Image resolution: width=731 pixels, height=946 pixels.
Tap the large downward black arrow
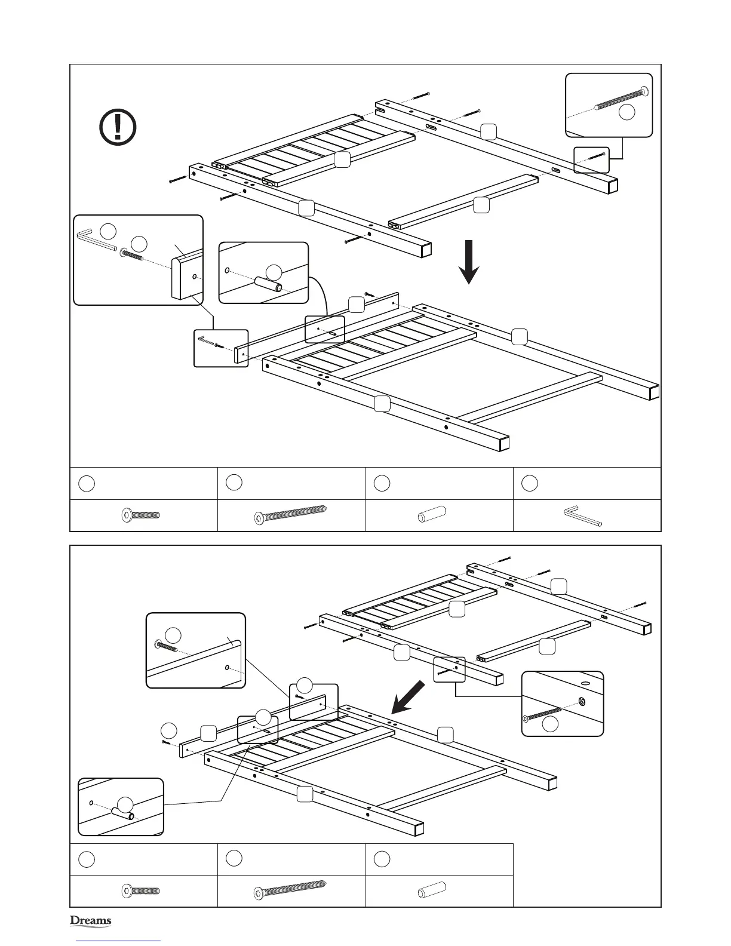[x=470, y=262]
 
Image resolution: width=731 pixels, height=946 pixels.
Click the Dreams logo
[x=91, y=920]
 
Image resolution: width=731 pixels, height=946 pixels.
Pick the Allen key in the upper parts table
[x=582, y=516]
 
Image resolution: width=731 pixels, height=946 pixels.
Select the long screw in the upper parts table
[x=292, y=515]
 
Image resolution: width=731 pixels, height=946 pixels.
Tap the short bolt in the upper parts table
[x=140, y=515]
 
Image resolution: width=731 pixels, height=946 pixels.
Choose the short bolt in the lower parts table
[x=140, y=891]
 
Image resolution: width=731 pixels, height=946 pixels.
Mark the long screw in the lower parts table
[x=292, y=891]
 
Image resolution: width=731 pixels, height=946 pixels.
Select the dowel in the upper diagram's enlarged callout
[x=268, y=284]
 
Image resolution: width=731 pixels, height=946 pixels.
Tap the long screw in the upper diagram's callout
[x=621, y=99]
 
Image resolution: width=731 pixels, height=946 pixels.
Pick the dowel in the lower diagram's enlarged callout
[x=122, y=813]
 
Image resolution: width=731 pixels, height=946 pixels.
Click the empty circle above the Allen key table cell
[x=529, y=484]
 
